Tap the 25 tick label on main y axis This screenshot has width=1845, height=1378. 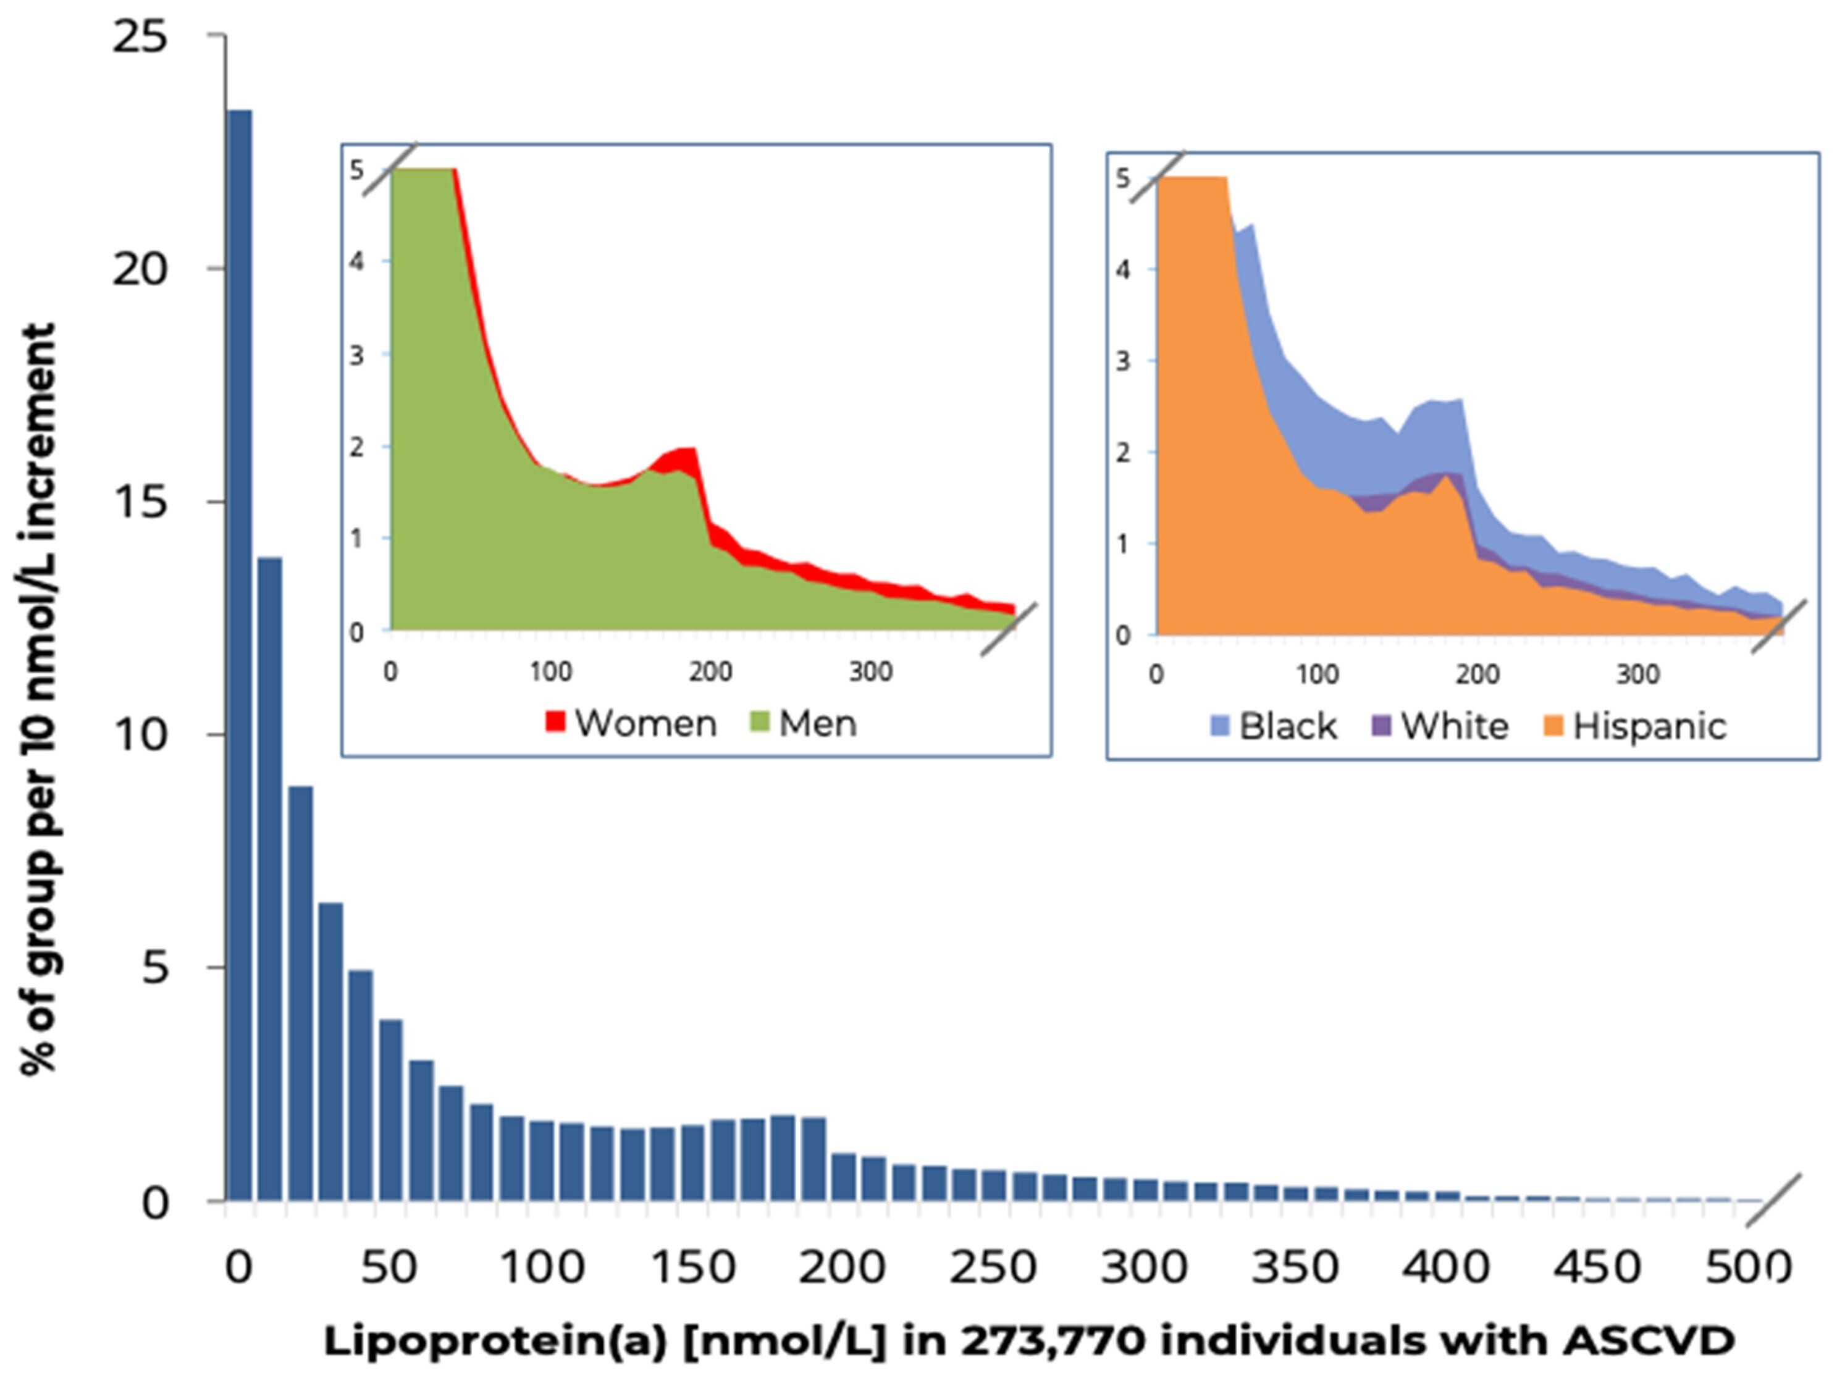click(x=140, y=38)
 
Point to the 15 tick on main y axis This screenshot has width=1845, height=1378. click(x=140, y=502)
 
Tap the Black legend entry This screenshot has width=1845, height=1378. click(x=1274, y=726)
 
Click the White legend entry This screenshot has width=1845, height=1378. click(x=1441, y=726)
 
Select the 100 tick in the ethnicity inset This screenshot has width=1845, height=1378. click(x=1317, y=674)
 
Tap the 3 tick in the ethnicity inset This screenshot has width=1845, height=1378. click(x=1123, y=361)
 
